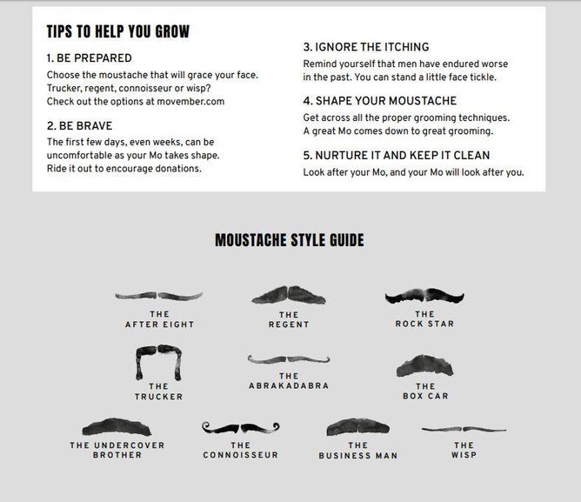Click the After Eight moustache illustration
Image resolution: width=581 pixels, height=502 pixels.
click(158, 296)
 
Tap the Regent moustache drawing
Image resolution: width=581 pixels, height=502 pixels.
click(289, 295)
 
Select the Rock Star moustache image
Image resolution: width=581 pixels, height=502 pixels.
click(424, 296)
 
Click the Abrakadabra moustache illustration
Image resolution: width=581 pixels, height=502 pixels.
click(289, 359)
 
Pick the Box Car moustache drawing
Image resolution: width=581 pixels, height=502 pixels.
click(424, 365)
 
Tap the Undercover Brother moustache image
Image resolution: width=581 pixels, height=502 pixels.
click(117, 426)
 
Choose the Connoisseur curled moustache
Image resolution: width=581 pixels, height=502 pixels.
click(240, 428)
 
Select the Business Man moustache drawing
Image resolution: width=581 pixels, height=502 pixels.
click(358, 426)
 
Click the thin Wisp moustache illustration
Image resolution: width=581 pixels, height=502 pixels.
click(464, 429)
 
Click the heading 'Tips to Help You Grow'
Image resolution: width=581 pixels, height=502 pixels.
click(117, 31)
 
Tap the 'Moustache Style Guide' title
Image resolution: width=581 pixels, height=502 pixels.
click(290, 240)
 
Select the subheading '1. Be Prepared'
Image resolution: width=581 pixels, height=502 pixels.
click(90, 58)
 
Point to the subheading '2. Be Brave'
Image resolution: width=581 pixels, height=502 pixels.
click(79, 126)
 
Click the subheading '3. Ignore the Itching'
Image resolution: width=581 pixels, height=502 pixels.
click(366, 47)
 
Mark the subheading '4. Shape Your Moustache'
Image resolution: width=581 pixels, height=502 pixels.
click(380, 101)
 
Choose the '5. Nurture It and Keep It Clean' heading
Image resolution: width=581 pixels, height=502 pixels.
click(397, 156)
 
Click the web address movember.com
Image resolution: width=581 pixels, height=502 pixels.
click(190, 102)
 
